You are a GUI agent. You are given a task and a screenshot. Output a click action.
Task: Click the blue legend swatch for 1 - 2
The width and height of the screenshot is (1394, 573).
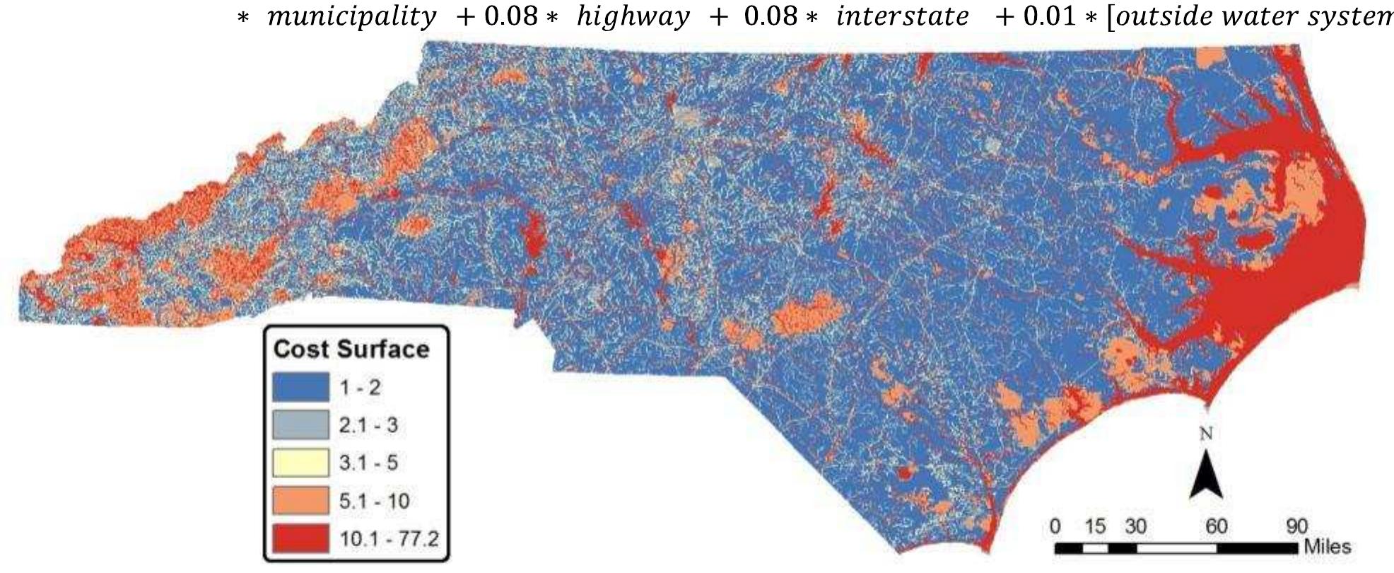point(300,387)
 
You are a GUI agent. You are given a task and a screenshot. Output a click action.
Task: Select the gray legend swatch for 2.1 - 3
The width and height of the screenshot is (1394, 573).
point(300,425)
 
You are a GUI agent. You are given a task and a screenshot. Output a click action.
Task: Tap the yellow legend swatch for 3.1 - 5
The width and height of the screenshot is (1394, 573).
point(300,463)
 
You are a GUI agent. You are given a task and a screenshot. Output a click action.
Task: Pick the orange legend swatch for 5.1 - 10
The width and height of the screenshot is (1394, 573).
point(300,501)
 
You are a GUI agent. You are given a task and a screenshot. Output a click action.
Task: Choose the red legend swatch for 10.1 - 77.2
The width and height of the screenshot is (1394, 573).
point(300,538)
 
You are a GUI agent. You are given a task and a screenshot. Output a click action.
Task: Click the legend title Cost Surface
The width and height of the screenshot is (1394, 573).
point(351,349)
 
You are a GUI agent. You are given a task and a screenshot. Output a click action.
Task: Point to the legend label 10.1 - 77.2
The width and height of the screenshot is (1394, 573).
point(389,539)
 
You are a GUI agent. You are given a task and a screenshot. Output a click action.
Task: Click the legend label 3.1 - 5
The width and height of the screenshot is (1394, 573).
point(368,463)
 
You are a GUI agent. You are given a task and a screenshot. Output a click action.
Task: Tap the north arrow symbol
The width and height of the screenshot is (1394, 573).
point(1206,476)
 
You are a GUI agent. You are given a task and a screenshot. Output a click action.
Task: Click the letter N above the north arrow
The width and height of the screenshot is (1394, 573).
point(1206,434)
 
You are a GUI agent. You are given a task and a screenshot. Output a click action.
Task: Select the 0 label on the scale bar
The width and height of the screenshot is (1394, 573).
point(1055,527)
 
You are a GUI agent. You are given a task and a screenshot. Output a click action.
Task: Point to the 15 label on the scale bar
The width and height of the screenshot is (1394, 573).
point(1094,527)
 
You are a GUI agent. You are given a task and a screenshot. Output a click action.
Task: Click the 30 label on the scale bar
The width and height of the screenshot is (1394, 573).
point(1135,527)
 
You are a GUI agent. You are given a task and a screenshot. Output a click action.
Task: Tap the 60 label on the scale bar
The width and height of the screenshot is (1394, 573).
point(1216,527)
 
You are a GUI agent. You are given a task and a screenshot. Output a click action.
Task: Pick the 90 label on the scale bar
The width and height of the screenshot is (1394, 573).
point(1296,527)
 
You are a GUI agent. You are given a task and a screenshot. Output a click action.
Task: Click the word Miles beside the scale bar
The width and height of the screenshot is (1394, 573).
point(1328,547)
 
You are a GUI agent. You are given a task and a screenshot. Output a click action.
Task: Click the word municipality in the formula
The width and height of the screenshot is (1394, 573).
point(351,16)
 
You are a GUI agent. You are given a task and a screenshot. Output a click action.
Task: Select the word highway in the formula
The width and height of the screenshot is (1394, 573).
point(633,16)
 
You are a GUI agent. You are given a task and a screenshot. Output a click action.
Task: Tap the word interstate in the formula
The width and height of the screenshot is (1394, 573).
point(902,16)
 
